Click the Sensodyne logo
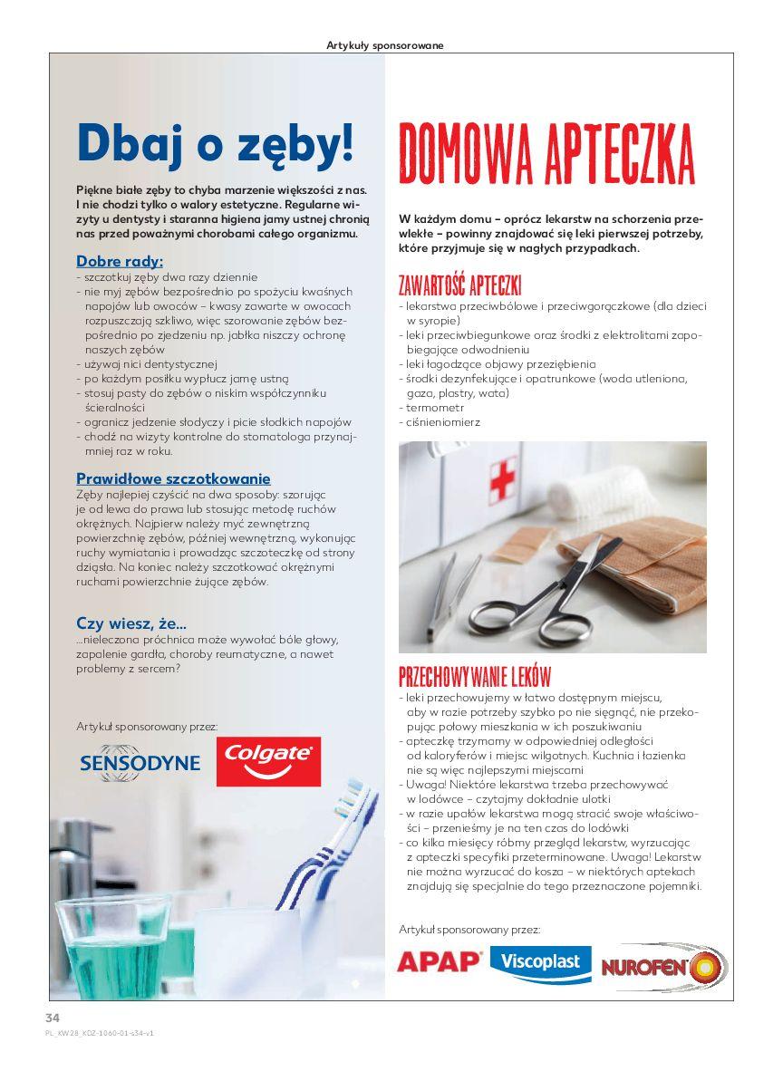(x=140, y=761)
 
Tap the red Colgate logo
(x=268, y=761)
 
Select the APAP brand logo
(x=440, y=961)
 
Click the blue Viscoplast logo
(x=540, y=962)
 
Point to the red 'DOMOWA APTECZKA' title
(x=546, y=155)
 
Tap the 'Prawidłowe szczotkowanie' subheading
(x=173, y=478)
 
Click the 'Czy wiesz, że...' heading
(x=131, y=623)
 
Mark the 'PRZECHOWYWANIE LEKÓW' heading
(x=474, y=677)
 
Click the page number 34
(x=53, y=1017)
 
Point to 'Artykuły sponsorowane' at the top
(x=384, y=45)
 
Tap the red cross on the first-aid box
(x=503, y=478)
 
